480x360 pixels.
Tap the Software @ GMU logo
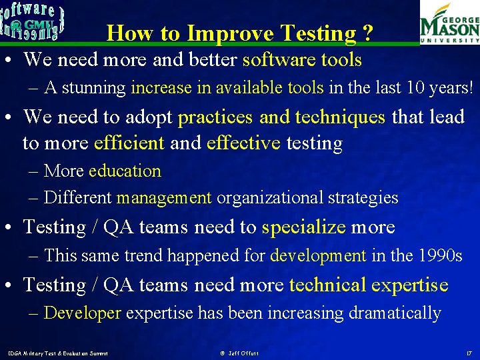[33, 22]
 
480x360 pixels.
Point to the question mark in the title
[367, 33]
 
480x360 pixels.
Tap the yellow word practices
[215, 117]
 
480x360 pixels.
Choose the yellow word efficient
[129, 143]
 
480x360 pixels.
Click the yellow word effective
[243, 143]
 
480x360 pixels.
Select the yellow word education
[125, 171]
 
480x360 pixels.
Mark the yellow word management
[164, 198]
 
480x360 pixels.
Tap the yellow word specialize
[303, 227]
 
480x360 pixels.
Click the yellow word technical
[327, 285]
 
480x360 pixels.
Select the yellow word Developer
[82, 313]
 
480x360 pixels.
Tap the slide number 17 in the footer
[469, 351]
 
